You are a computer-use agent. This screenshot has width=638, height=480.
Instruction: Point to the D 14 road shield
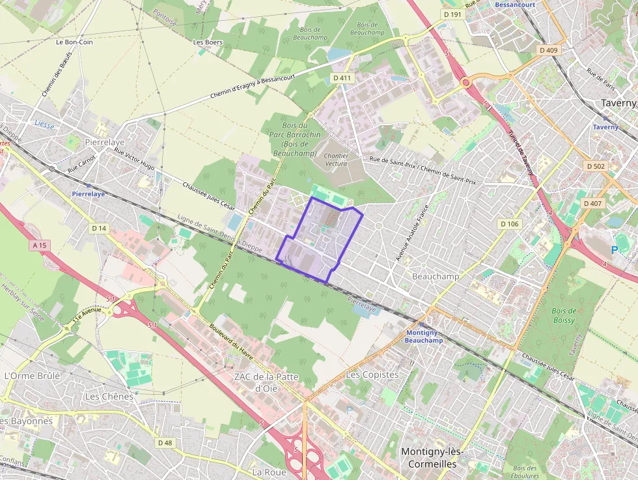[99, 228]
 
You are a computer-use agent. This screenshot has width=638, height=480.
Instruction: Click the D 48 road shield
[166, 443]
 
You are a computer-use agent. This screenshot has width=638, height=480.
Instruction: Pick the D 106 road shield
[510, 224]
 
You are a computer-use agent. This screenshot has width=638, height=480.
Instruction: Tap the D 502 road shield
[595, 166]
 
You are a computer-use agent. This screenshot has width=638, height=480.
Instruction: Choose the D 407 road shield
[592, 203]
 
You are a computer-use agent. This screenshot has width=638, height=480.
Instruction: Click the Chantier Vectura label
[337, 160]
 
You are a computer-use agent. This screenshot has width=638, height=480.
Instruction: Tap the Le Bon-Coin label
[74, 42]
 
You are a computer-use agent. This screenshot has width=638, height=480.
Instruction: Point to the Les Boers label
[208, 42]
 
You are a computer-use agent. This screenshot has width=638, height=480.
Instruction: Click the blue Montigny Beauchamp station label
[423, 337]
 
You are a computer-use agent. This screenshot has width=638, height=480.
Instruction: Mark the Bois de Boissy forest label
[563, 315]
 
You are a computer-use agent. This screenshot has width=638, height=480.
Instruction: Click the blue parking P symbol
[615, 249]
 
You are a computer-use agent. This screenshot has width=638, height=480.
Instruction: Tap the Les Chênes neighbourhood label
[109, 396]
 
